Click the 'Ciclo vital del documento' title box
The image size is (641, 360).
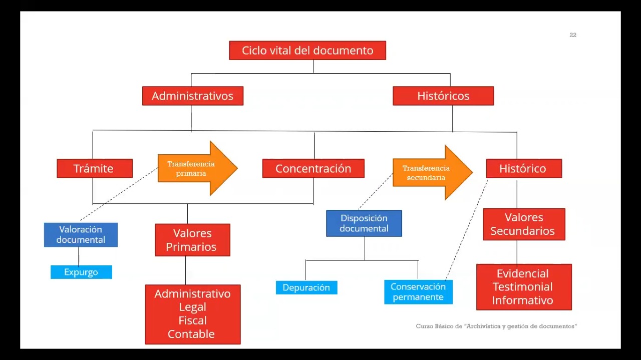307,51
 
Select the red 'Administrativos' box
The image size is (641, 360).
193,96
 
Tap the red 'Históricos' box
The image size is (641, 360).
443,96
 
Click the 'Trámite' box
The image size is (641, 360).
95,169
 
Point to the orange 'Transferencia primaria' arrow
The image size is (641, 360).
195,169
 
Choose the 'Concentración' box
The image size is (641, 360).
313,169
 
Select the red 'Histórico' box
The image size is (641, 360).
523,169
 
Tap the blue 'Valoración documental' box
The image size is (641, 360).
81,235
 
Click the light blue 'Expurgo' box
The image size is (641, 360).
81,272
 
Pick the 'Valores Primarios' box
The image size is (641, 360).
192,240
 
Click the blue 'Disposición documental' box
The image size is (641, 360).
364,223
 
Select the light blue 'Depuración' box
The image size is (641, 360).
306,288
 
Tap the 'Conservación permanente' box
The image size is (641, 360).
418,292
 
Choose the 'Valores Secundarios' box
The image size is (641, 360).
523,224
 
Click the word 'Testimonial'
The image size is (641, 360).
523,287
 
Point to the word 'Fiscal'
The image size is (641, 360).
192,320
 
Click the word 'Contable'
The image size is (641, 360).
191,334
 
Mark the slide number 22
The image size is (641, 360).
573,35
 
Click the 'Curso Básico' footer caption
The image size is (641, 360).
496,326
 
